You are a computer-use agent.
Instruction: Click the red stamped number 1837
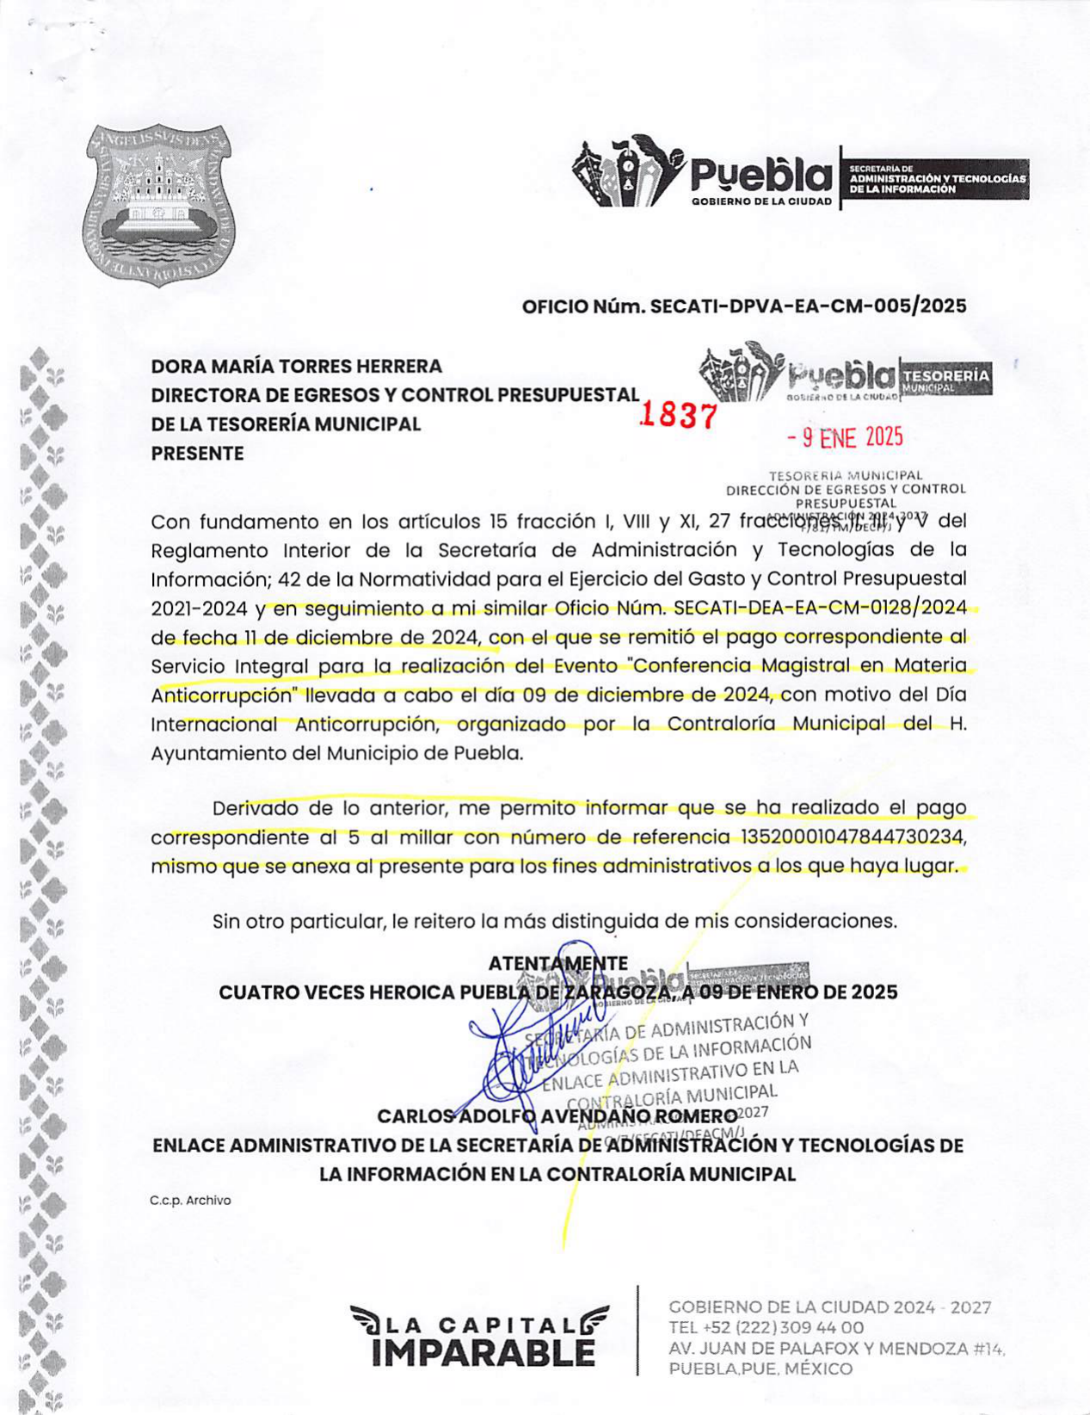(x=679, y=416)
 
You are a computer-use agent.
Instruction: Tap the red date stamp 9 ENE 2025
(x=846, y=437)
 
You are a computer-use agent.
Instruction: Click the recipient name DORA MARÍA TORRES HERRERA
(x=297, y=366)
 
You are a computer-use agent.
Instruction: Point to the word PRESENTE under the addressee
(x=197, y=454)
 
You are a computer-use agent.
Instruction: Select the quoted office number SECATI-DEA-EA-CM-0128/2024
(x=821, y=609)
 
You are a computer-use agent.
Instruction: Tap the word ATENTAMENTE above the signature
(x=557, y=963)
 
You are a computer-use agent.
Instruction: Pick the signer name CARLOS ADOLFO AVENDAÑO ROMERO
(x=557, y=1117)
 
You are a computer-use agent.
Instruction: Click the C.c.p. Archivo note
(x=190, y=1201)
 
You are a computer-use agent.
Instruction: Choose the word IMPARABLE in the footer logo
(x=483, y=1353)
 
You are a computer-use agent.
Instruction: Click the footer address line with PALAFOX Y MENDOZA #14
(x=836, y=1349)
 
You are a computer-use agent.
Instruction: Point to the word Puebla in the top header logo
(x=761, y=176)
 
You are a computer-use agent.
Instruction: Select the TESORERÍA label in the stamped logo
(x=945, y=375)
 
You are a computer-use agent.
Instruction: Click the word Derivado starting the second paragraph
(x=256, y=809)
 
